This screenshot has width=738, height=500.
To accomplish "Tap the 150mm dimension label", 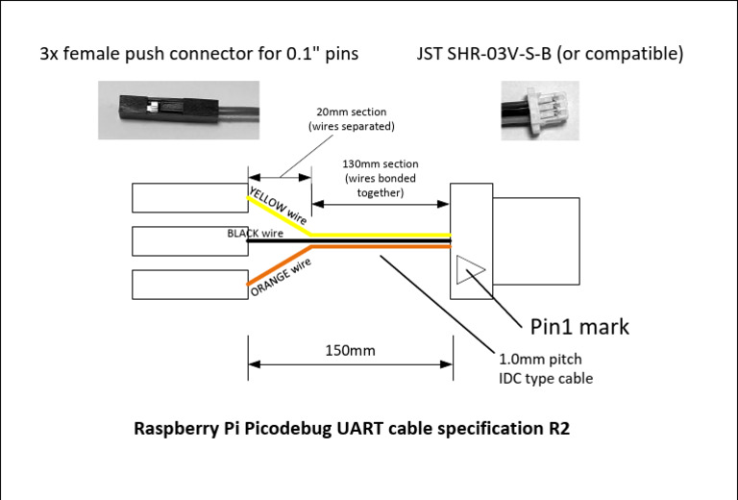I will pos(349,350).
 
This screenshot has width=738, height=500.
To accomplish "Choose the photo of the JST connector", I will pos(540,110).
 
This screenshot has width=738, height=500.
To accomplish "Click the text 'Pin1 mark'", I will pos(579,326).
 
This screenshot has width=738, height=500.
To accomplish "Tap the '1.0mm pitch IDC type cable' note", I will pos(545,368).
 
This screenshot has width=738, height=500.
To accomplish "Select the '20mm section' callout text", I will pos(351,119).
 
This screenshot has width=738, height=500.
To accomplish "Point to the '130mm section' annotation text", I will pos(381,178).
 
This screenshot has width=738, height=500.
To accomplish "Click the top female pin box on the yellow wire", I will pos(189,197).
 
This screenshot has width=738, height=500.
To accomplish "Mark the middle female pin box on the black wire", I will pos(189,240).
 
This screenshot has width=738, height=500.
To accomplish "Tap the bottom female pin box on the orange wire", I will pos(189,285).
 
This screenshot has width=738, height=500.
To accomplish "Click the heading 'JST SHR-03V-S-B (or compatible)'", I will pos(551,54).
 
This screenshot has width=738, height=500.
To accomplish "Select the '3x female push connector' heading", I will pos(199,54).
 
